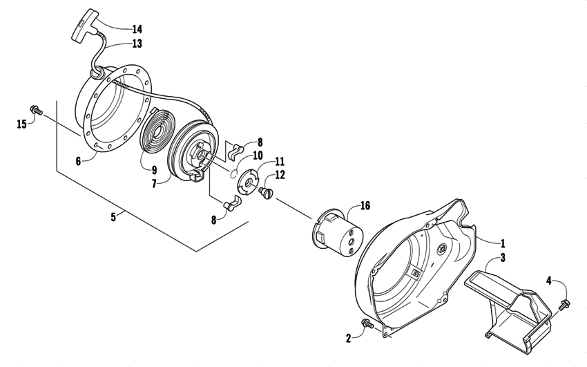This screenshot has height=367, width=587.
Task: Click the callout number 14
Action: tap(137, 29)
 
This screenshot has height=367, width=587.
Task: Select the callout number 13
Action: tap(137, 44)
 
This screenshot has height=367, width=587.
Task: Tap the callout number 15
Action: tap(22, 124)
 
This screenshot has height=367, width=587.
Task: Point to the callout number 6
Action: tap(78, 160)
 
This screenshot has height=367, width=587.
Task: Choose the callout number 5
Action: tap(113, 216)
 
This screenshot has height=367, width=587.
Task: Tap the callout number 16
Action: tap(365, 205)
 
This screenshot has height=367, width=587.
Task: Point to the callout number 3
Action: tap(503, 257)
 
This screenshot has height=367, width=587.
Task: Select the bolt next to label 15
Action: tap(35, 110)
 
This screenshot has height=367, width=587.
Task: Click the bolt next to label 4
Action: tap(566, 302)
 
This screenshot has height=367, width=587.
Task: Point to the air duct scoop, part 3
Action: tap(510, 304)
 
